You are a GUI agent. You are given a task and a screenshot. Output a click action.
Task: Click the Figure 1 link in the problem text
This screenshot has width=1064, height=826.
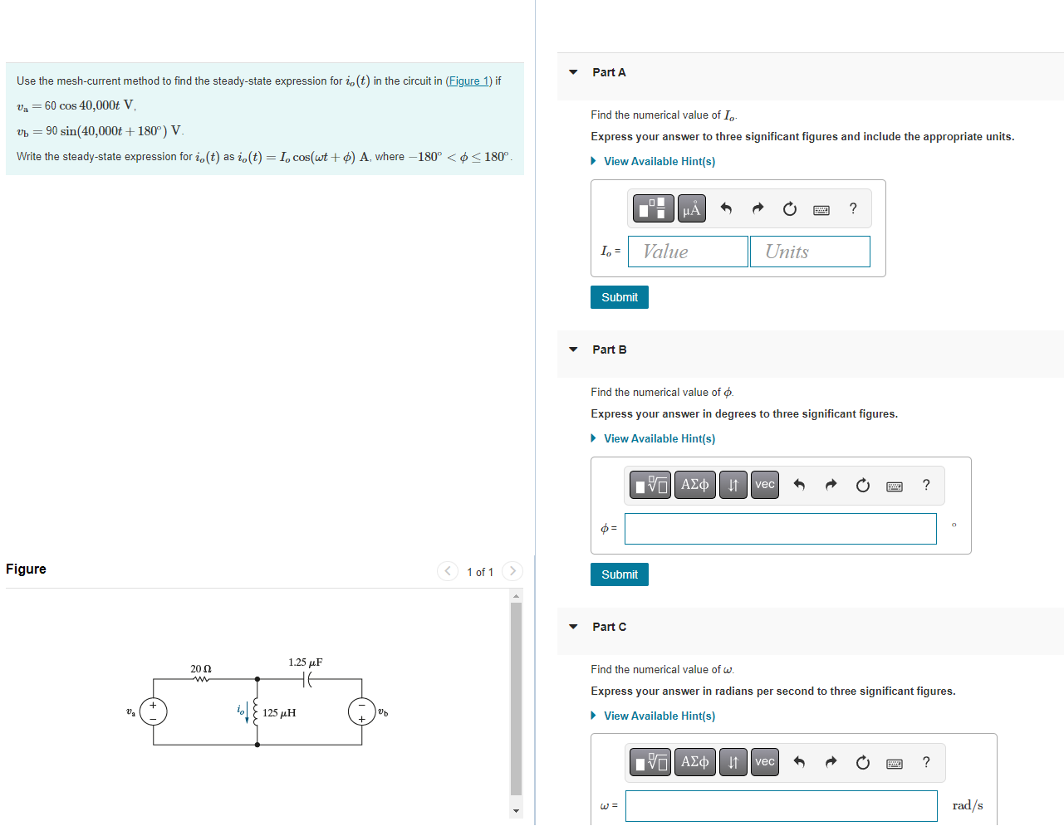[468, 81]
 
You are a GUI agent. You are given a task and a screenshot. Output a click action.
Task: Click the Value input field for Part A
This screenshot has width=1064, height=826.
[688, 252]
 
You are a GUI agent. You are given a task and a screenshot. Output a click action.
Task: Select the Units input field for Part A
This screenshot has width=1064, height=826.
[810, 252]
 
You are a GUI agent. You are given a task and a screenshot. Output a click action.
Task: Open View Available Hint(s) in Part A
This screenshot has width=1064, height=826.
[659, 161]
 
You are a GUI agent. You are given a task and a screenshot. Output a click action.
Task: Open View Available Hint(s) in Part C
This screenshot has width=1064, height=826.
[659, 716]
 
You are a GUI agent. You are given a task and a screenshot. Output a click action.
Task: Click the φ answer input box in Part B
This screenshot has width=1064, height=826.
[780, 529]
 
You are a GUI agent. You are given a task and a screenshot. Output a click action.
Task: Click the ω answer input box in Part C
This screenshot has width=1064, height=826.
[781, 806]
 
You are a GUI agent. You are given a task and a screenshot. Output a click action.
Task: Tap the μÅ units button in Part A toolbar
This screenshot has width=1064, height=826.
[691, 208]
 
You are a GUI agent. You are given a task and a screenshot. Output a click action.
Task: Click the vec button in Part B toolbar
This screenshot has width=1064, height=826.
[764, 485]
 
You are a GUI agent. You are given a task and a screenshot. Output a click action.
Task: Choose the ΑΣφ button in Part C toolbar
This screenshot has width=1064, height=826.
[694, 762]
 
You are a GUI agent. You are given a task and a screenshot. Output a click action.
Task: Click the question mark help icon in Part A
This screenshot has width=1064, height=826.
[853, 208]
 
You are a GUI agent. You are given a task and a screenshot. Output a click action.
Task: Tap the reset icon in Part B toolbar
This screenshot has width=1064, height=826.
[863, 485]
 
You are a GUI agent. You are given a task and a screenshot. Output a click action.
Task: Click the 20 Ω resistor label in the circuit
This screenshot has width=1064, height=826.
[201, 668]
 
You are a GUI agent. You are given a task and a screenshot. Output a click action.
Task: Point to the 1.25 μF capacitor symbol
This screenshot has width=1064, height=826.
[308, 679]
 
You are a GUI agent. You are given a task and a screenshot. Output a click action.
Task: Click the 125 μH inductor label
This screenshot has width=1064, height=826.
[279, 713]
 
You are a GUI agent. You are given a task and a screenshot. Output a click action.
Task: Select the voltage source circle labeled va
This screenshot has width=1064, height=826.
[154, 711]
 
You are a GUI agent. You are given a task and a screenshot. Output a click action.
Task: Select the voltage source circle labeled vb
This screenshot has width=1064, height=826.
[361, 711]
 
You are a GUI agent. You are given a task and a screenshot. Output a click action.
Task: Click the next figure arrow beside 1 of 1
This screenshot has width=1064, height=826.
[512, 571]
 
